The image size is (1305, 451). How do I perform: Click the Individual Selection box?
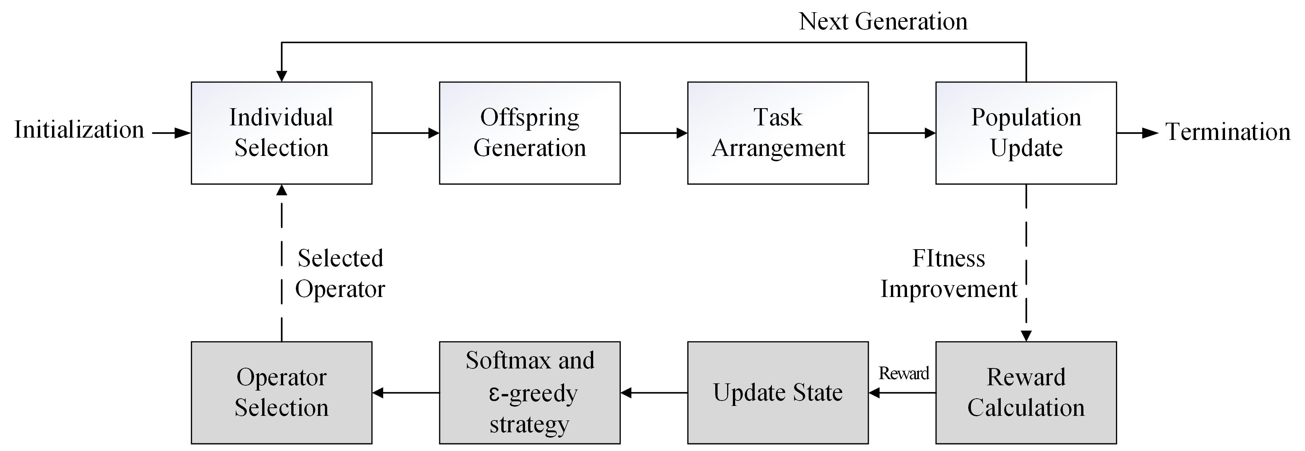[281, 133]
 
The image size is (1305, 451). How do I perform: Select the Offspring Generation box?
[529, 133]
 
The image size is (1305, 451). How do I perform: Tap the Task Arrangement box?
[778, 133]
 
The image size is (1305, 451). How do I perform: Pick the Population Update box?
[1026, 133]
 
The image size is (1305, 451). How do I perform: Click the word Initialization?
[79, 130]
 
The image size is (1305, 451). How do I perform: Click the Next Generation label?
[883, 21]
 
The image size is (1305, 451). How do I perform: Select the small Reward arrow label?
[903, 373]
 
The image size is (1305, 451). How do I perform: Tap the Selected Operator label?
[340, 274]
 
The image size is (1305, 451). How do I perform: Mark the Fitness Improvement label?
[948, 274]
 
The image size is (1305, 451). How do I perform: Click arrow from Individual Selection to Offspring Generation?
[405, 133]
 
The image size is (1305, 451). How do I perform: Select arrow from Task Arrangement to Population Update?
[902, 133]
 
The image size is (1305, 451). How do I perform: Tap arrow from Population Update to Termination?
[1137, 133]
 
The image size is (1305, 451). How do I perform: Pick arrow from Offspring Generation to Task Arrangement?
[654, 133]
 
